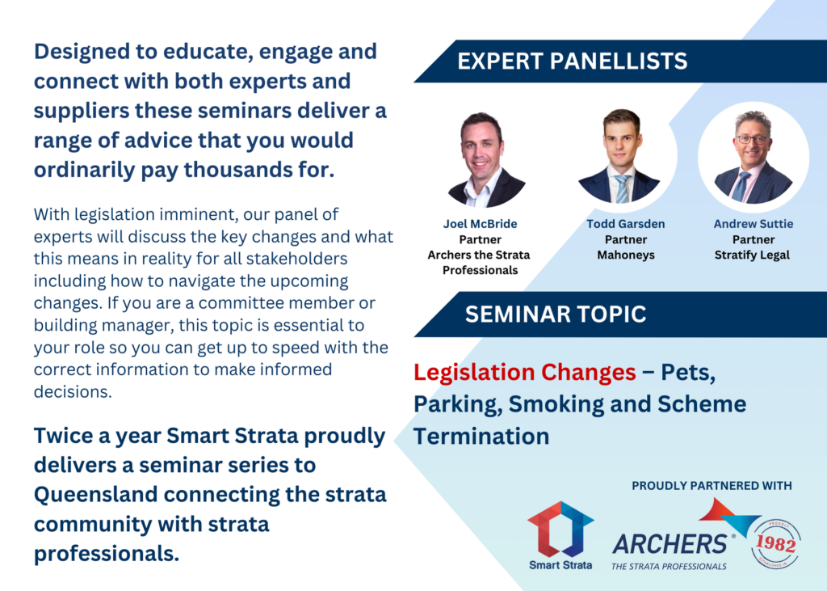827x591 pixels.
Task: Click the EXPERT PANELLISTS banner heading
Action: click(x=573, y=61)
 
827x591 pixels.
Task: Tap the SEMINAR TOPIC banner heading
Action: click(x=556, y=314)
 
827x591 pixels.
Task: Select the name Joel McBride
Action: click(x=480, y=224)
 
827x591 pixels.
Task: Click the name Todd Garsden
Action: click(x=626, y=224)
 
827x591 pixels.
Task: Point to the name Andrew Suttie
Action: click(x=754, y=224)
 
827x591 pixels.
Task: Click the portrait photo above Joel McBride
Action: click(x=481, y=158)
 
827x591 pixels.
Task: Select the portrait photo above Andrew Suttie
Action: click(x=754, y=157)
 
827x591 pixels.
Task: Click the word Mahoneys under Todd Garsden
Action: click(x=626, y=255)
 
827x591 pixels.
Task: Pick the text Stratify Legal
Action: click(x=752, y=255)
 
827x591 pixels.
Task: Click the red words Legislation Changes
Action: click(x=525, y=373)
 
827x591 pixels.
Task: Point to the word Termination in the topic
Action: click(x=481, y=437)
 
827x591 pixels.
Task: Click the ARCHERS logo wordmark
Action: click(x=670, y=544)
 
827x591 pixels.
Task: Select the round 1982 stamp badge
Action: click(x=776, y=544)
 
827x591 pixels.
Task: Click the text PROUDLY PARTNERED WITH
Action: click(x=712, y=486)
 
